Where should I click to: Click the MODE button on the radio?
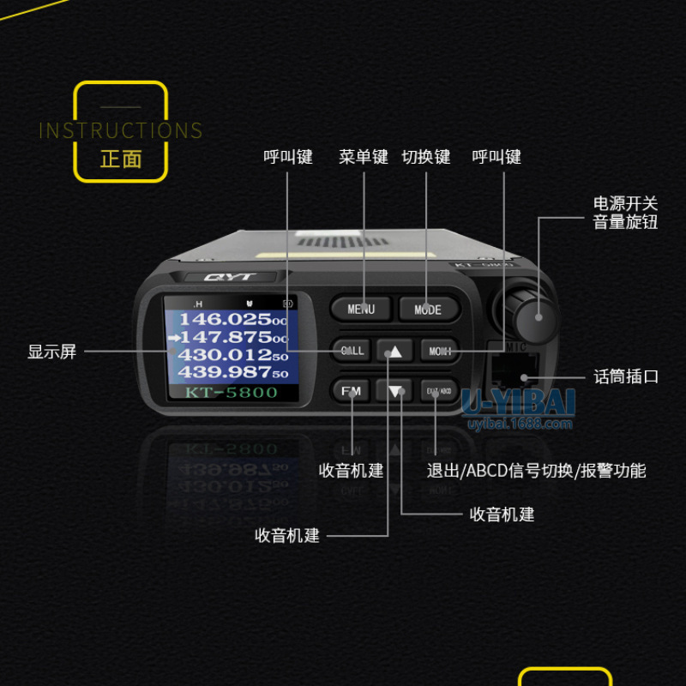[428, 309]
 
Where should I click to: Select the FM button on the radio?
[352, 391]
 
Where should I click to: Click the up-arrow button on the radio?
[394, 351]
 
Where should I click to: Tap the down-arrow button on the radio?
[394, 392]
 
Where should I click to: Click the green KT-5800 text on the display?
[232, 393]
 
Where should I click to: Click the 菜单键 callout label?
[364, 157]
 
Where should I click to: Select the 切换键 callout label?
[426, 157]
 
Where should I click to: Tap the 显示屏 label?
[52, 352]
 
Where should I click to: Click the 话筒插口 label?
[626, 376]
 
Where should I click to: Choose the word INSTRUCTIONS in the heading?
[121, 131]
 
